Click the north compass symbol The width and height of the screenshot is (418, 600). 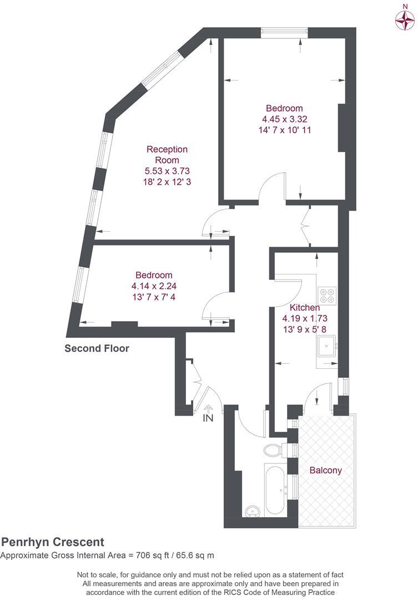(405, 21)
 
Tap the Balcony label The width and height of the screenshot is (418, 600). (325, 470)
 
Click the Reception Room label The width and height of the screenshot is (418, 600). (167, 154)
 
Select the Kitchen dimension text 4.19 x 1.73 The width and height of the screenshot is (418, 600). (305, 318)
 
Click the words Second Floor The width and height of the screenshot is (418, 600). (97, 349)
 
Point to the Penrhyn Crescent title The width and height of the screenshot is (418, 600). (53, 542)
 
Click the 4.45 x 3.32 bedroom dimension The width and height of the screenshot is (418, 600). (284, 119)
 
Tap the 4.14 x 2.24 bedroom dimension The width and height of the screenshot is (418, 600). (154, 286)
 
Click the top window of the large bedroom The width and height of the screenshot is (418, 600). (284, 32)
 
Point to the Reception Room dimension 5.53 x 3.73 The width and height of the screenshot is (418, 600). (167, 171)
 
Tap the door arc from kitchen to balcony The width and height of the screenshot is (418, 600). (319, 396)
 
